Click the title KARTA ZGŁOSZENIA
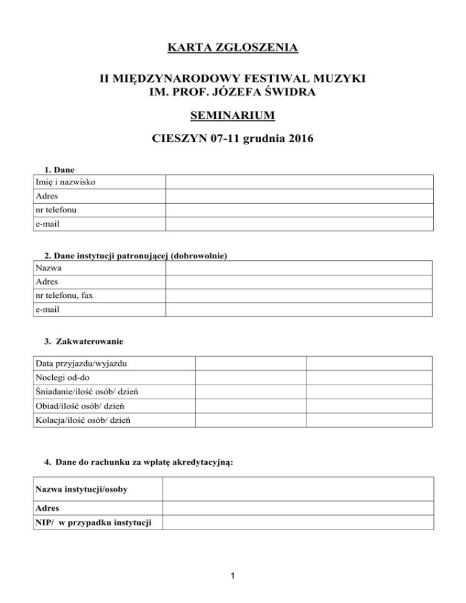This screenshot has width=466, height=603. tap(233, 47)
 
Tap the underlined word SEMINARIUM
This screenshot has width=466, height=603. tap(233, 115)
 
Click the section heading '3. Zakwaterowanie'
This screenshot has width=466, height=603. tap(80, 342)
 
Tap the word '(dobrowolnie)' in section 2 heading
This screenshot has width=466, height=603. tap(200, 256)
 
